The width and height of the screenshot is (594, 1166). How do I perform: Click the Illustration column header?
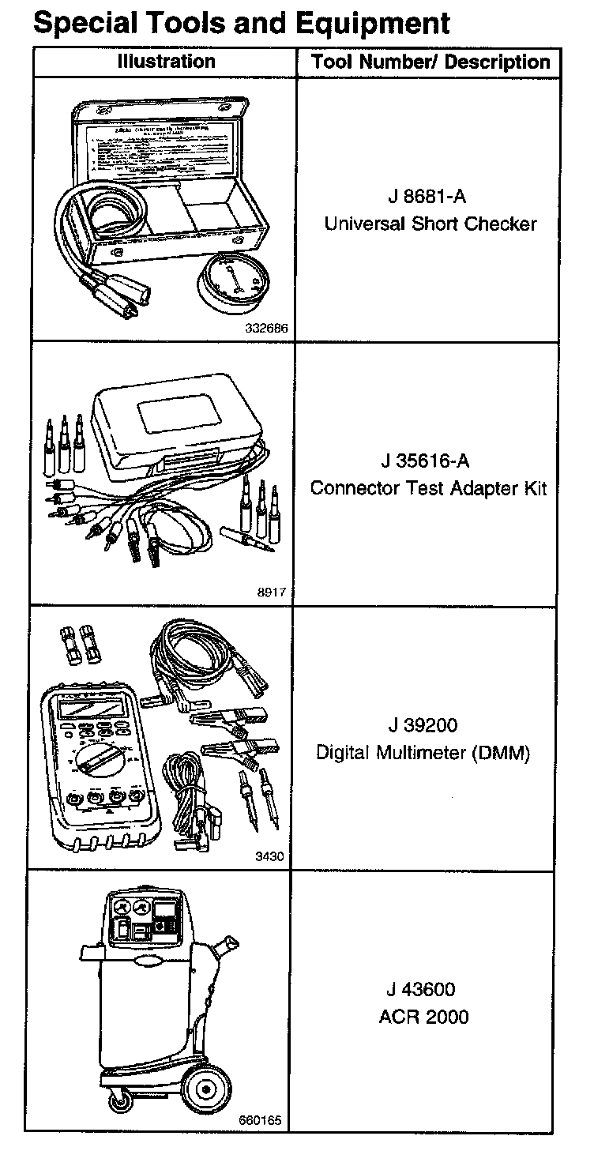click(166, 62)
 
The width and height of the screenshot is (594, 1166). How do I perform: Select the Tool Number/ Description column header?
click(430, 62)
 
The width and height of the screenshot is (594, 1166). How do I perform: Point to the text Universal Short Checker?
click(430, 224)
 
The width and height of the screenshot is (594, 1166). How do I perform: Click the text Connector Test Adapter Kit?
click(429, 488)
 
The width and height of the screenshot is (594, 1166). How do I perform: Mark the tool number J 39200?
click(423, 725)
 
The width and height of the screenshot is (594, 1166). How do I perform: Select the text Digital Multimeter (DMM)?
click(423, 753)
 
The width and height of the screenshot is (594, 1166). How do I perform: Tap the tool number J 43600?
click(422, 989)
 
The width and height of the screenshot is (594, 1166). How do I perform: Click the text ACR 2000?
click(423, 1017)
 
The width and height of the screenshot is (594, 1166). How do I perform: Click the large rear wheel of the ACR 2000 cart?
click(205, 1091)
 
